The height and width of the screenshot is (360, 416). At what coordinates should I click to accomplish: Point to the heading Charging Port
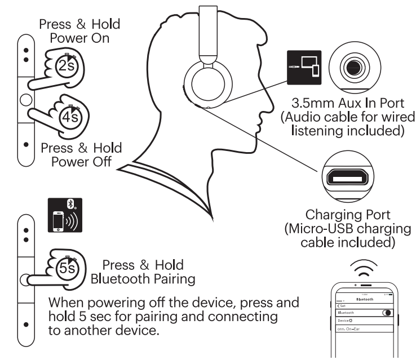[351, 215]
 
